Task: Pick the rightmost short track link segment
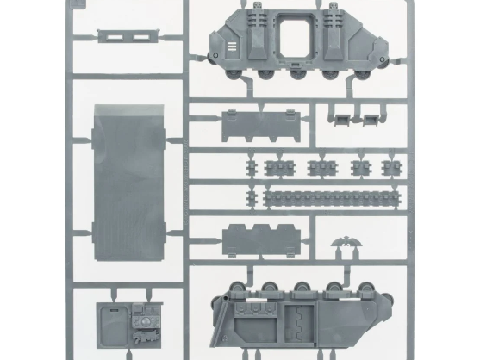tap(392, 166)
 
